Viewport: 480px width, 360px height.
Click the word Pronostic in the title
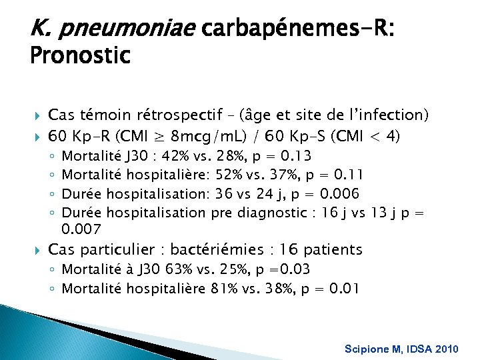click(x=80, y=55)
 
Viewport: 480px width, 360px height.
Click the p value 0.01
click(x=346, y=289)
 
